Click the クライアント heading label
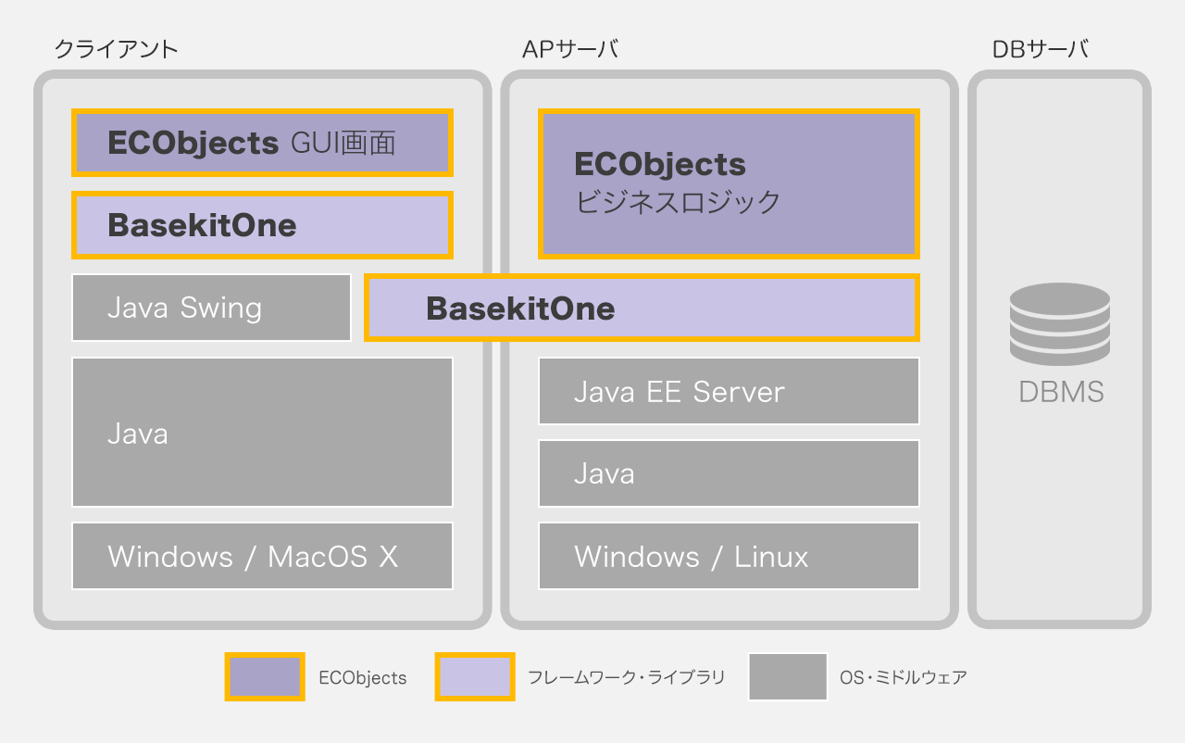point(116,49)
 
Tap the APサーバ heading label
point(570,49)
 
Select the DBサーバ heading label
point(1040,49)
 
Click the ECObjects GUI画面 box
point(262,143)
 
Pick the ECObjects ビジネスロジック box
point(729,183)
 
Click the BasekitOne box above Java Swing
point(262,225)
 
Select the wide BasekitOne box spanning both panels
point(642,308)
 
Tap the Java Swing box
point(211,308)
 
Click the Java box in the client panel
point(262,433)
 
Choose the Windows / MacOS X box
point(262,556)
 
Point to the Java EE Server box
point(729,391)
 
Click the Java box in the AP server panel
point(729,473)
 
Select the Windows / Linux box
point(729,556)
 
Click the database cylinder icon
point(1060,323)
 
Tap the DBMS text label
point(1061,392)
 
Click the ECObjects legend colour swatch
point(265,676)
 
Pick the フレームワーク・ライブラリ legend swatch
point(475,676)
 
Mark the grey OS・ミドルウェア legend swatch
point(788,676)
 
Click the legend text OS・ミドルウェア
point(903,677)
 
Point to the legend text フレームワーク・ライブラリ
point(626,677)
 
